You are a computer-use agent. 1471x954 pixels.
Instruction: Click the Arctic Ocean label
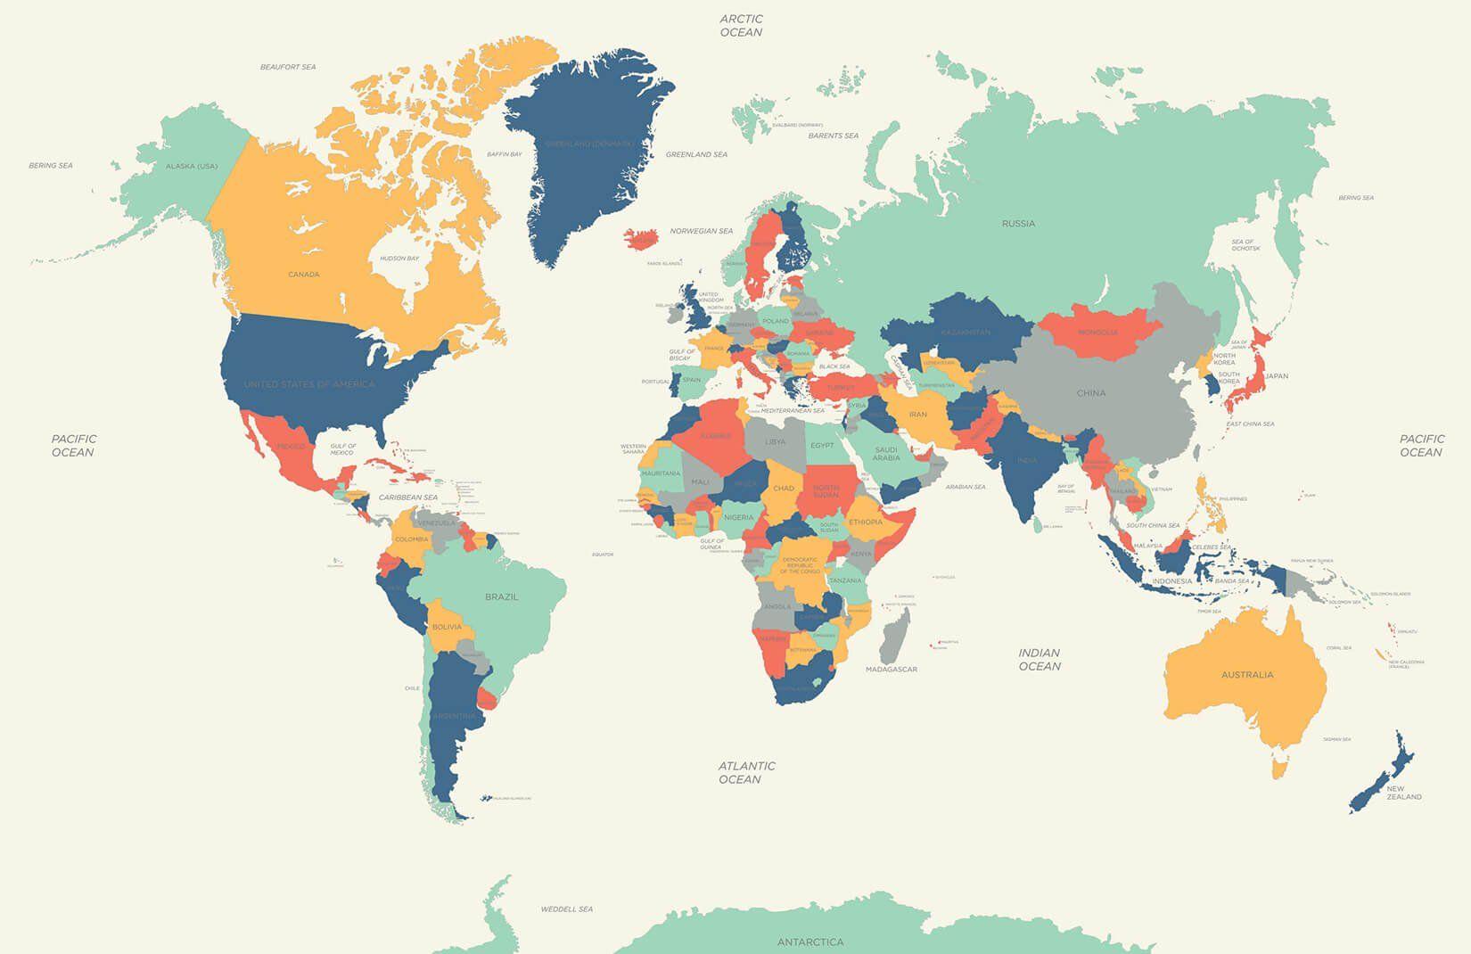click(x=741, y=25)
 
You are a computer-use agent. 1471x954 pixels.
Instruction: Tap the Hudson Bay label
click(x=399, y=259)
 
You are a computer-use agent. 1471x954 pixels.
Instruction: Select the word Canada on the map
click(x=303, y=275)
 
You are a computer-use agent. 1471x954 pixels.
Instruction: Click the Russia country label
click(x=1018, y=224)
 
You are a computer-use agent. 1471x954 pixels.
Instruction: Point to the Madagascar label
click(x=891, y=669)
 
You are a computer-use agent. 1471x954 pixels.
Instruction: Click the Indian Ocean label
click(x=1040, y=660)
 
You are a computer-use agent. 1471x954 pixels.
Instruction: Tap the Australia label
click(x=1247, y=675)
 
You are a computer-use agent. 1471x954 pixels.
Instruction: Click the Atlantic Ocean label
click(x=746, y=772)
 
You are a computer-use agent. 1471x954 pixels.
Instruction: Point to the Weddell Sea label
click(x=566, y=909)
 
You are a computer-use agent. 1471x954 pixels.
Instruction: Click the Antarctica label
click(x=809, y=942)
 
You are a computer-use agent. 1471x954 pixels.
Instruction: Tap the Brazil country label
click(x=501, y=597)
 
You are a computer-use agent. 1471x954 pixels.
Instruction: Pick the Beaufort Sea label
click(x=288, y=67)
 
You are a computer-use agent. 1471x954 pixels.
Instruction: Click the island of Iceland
click(x=641, y=239)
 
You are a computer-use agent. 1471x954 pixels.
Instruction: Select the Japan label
click(x=1277, y=376)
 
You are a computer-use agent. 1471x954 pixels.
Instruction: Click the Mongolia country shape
click(x=1097, y=333)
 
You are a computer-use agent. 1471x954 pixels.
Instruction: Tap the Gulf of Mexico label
click(x=342, y=449)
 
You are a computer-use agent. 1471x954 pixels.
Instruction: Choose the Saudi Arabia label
click(x=886, y=454)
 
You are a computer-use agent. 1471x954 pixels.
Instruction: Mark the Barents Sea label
click(x=833, y=136)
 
